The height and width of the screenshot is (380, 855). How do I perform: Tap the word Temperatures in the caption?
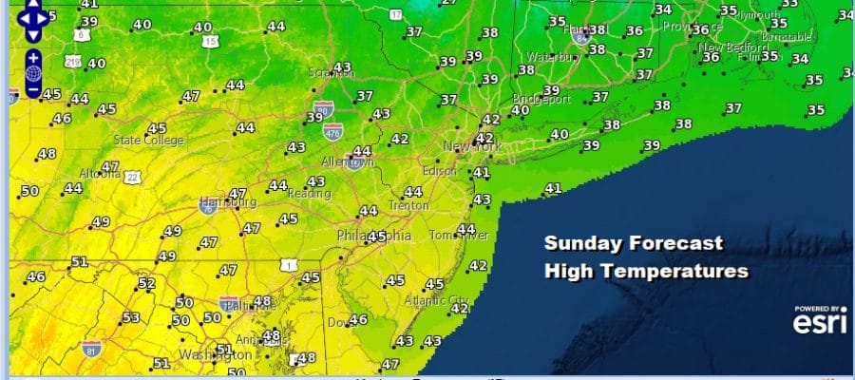click(685, 272)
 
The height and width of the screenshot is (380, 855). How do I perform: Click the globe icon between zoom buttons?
click(33, 72)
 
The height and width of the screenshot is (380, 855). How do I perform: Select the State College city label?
click(146, 140)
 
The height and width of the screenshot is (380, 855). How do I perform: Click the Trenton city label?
click(408, 204)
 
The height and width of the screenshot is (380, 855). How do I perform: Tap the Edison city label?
click(441, 172)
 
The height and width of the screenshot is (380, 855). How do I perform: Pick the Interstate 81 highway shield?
click(91, 348)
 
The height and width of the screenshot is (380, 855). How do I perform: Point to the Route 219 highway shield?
click(71, 62)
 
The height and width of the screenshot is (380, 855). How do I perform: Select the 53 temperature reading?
click(131, 317)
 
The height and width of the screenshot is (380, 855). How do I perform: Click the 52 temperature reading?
click(146, 283)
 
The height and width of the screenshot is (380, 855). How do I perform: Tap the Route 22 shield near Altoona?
click(131, 177)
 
